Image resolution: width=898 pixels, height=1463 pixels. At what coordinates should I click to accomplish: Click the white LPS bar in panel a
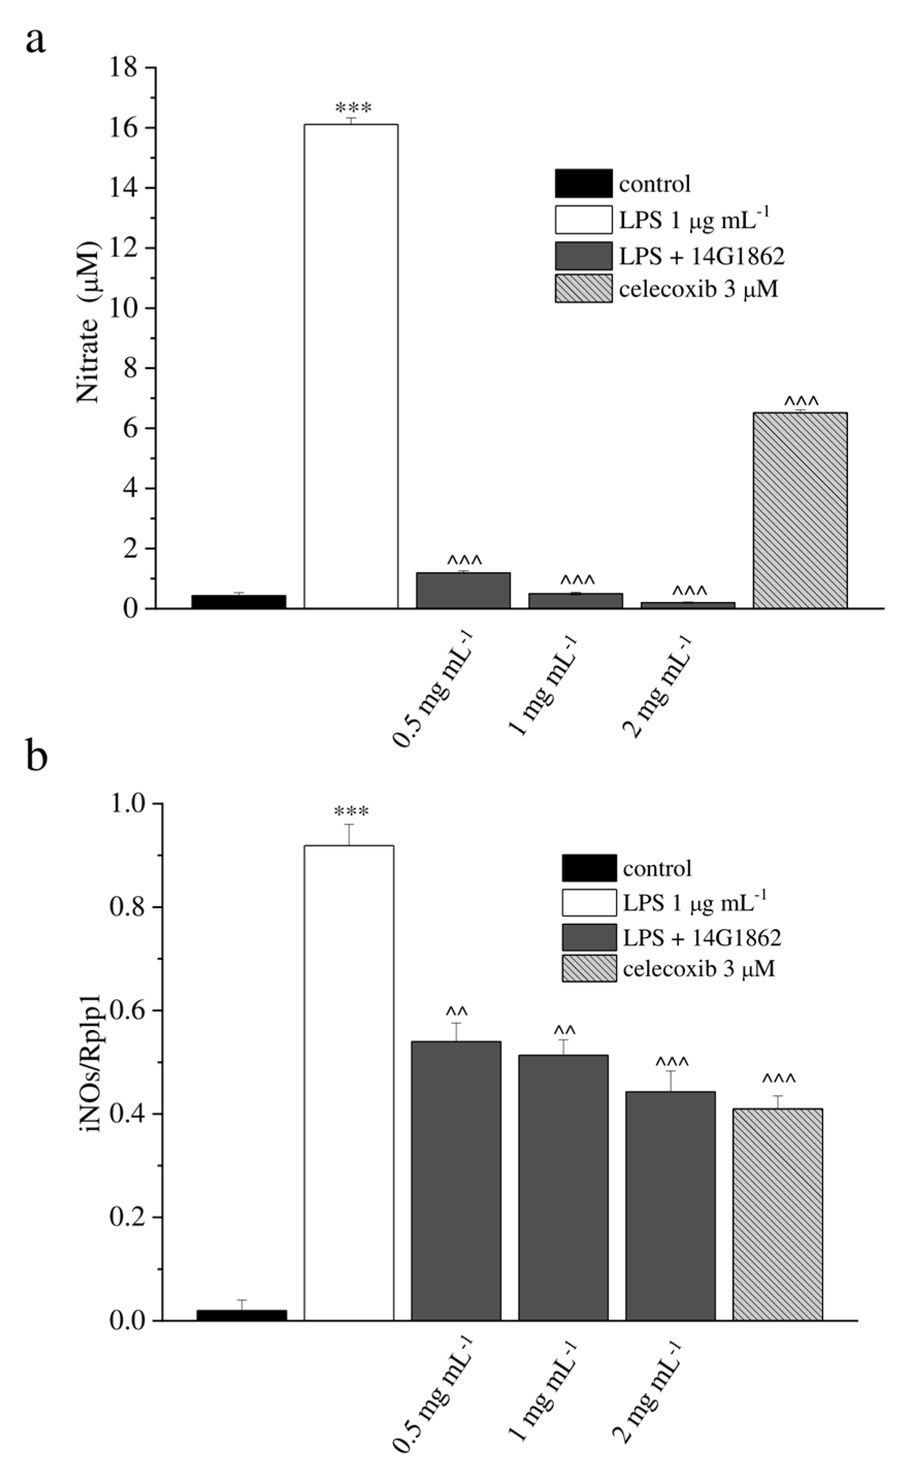351,366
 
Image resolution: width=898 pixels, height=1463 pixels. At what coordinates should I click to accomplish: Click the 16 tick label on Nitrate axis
124,128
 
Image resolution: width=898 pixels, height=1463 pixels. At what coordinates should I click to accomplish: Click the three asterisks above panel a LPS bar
354,108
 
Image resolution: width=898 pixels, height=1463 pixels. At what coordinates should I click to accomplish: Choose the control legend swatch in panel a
583,184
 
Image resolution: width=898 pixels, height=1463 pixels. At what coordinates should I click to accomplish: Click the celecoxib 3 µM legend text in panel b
699,969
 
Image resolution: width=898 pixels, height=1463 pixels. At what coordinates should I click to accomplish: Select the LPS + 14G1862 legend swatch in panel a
583,256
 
